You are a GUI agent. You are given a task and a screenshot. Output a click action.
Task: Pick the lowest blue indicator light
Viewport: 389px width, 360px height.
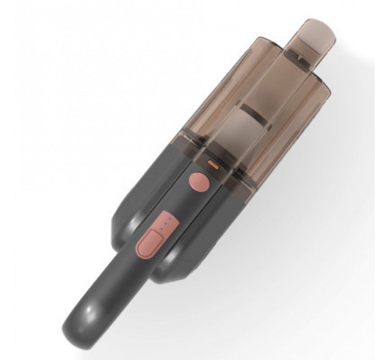point(162,229)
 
